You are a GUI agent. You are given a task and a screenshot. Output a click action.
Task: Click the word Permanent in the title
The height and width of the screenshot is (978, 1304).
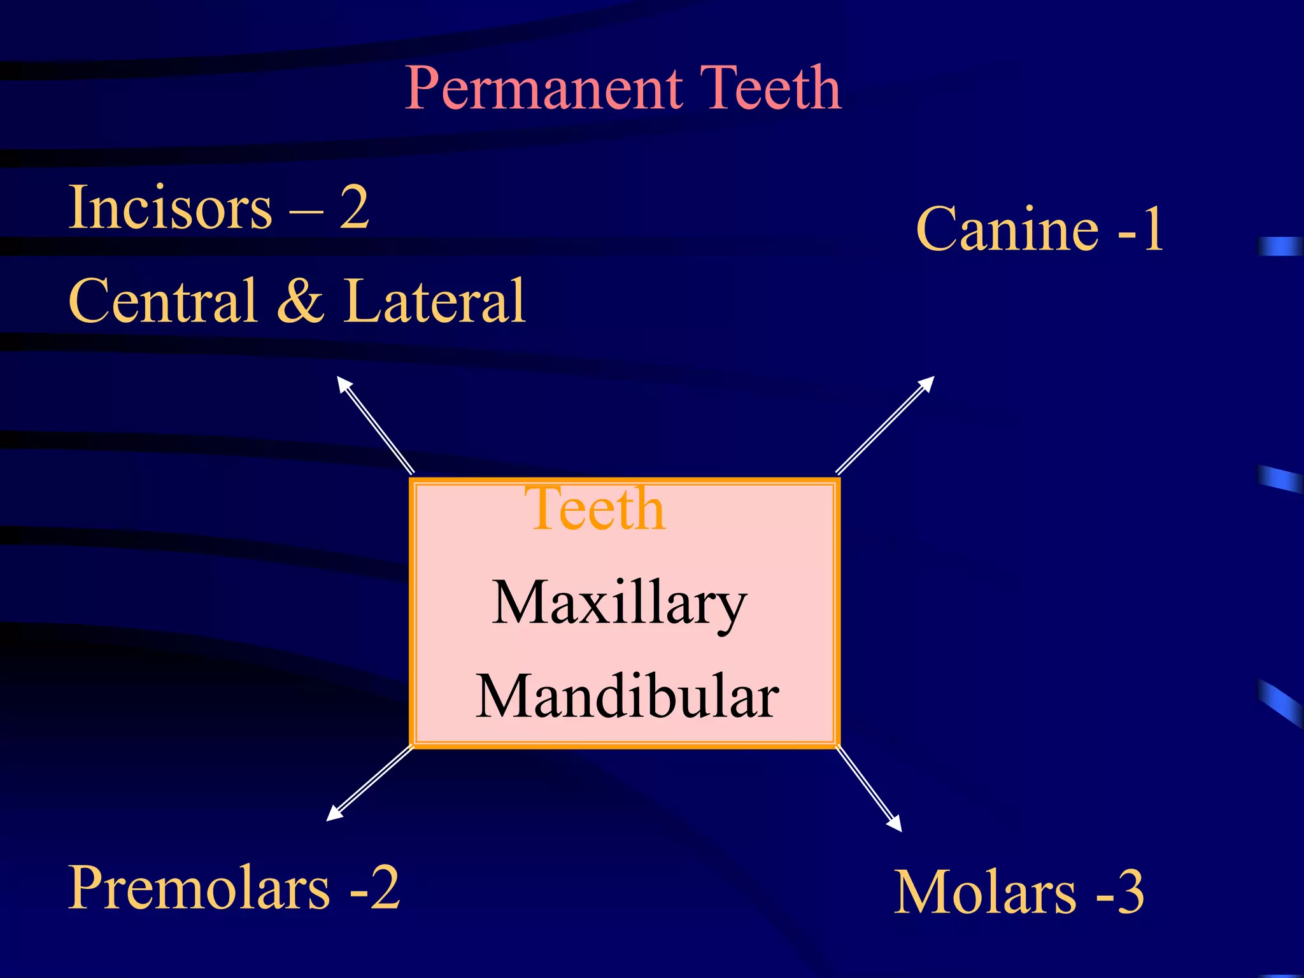coord(544,89)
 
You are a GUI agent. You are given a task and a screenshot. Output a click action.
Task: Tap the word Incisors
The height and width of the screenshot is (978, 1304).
coord(170,208)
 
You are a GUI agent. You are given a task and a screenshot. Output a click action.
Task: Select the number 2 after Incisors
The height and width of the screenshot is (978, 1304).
coord(354,208)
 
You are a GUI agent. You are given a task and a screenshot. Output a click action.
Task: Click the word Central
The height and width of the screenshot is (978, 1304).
coord(162,301)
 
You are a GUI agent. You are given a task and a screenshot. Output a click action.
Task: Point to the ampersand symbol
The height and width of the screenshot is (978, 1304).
coord(300,301)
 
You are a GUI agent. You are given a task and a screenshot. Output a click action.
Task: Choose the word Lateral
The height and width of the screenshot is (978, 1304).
coord(434,301)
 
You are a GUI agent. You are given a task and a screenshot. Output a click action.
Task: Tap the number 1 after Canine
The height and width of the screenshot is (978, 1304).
coord(1152,229)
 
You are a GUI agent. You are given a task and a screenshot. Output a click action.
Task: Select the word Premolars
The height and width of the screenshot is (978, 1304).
coord(199,888)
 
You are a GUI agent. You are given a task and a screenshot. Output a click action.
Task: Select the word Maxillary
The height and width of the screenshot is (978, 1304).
coord(619,604)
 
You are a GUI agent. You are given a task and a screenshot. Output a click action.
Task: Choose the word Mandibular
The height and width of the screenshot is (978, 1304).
coord(627,697)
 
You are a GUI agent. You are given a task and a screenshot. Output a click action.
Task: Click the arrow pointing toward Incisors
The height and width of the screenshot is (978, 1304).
coord(376,425)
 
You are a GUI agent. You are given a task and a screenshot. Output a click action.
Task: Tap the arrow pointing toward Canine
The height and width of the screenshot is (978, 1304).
coord(885,425)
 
